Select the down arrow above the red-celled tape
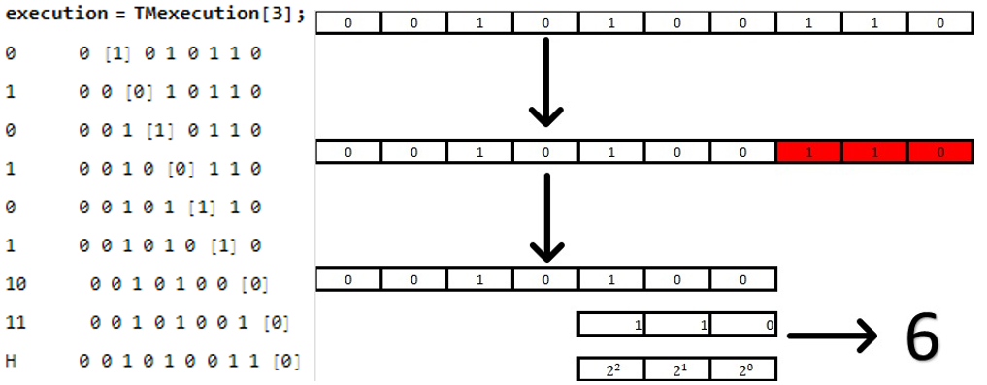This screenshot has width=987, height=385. (546, 83)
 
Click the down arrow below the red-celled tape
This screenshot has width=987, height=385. (546, 218)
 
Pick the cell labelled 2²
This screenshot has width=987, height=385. (611, 369)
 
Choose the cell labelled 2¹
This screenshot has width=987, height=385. (677, 369)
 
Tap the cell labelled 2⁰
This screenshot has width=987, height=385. (743, 369)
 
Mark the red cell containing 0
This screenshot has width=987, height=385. (940, 152)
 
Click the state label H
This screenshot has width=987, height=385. (11, 362)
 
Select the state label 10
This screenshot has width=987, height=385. (16, 284)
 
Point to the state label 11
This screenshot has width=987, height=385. (16, 322)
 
